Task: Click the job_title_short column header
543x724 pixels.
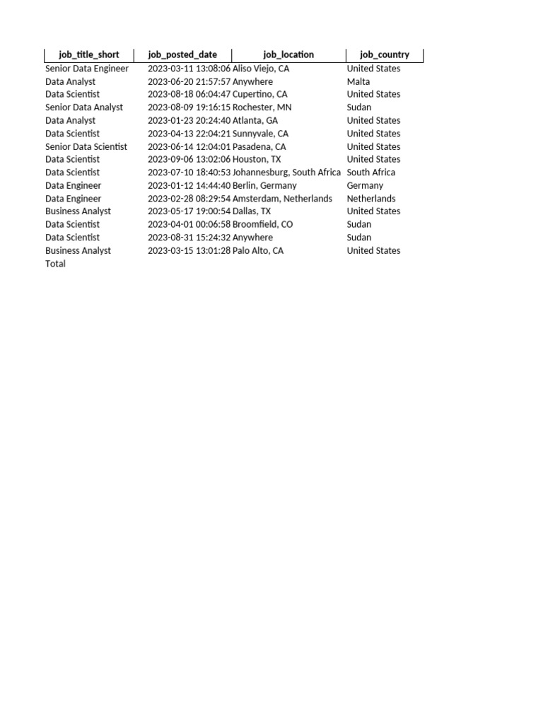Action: (89, 55)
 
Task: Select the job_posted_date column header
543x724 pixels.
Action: (182, 55)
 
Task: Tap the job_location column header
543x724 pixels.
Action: (288, 55)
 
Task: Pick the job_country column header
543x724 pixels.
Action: (385, 55)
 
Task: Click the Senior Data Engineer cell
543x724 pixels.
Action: (87, 69)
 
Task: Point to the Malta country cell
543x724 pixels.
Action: (358, 82)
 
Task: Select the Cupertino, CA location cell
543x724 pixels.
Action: (260, 94)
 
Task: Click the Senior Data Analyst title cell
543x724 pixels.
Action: (84, 107)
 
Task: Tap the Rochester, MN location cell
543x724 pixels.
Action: (262, 107)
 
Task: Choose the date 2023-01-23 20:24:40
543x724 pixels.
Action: (189, 121)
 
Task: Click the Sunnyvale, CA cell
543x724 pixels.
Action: (260, 134)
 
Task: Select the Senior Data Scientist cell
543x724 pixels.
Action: (86, 147)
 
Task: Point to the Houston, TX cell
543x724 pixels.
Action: (257, 160)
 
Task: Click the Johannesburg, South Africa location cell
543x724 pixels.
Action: (286, 173)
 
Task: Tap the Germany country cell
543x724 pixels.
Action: (365, 186)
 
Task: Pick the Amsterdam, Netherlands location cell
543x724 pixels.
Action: (282, 199)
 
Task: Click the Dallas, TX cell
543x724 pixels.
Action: (252, 211)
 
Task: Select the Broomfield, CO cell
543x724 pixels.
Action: (262, 225)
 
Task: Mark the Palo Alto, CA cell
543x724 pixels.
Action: (258, 251)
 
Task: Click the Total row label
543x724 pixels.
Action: (55, 264)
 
